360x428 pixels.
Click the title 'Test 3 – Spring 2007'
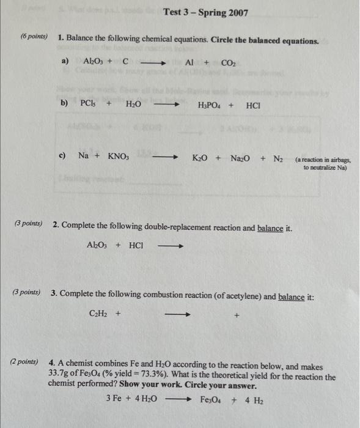205,12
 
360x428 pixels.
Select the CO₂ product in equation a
227,62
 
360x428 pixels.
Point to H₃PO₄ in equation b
209,105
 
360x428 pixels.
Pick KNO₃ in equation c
123,156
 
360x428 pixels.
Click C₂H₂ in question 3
98,315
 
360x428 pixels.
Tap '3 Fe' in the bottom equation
114,399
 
